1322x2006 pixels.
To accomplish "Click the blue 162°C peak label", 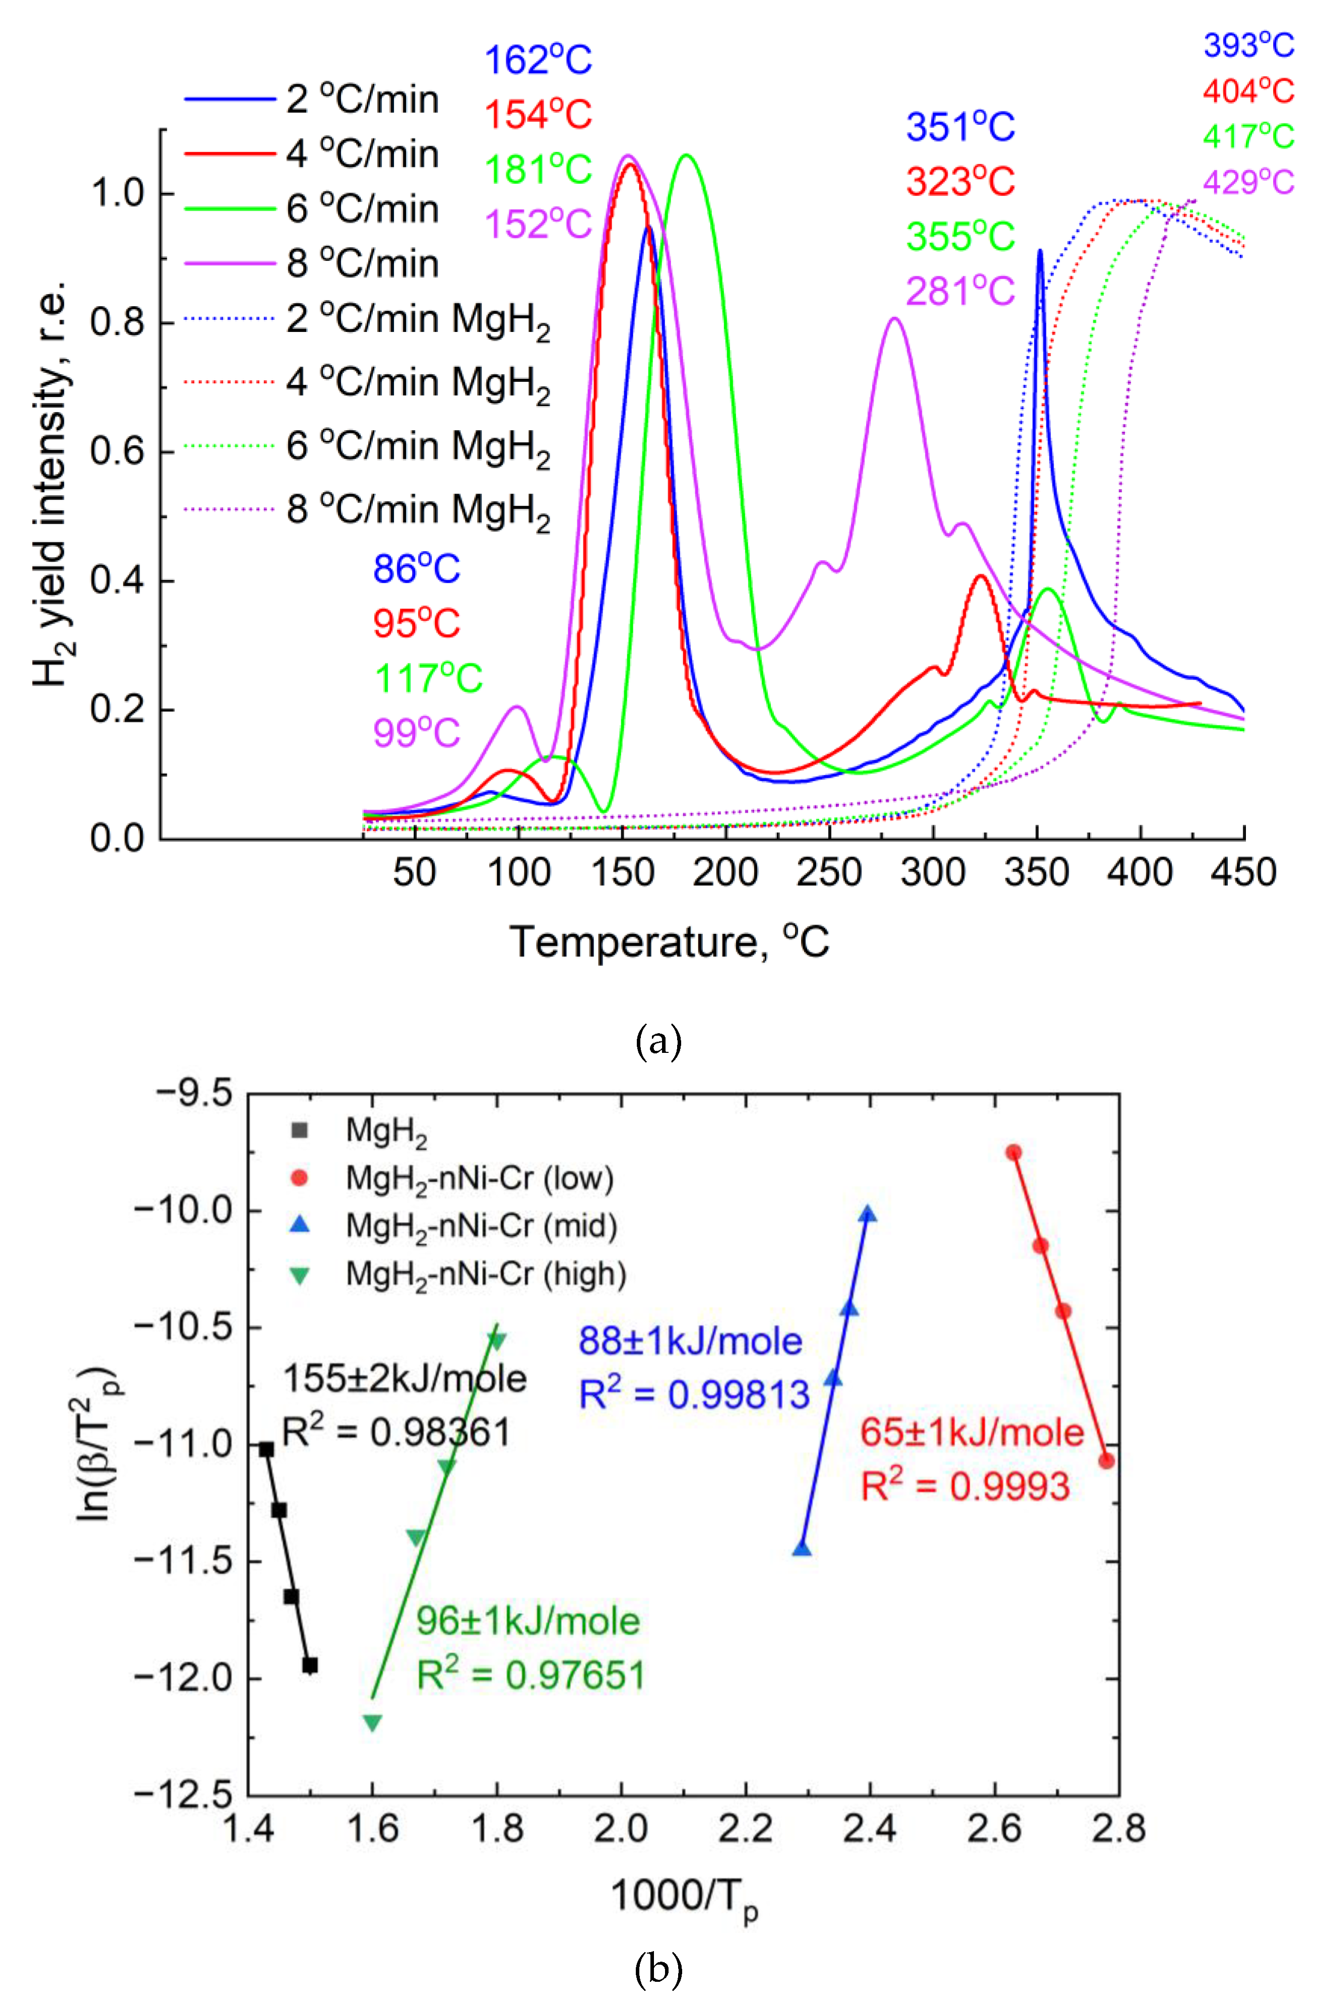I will tap(538, 60).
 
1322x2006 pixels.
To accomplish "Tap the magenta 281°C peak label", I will tap(960, 292).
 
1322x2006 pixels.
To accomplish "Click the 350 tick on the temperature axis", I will tap(1036, 873).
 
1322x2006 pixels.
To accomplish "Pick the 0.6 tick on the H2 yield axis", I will tap(117, 452).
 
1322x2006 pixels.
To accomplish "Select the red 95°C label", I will tap(417, 624).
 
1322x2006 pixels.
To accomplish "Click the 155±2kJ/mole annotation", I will tap(405, 1379).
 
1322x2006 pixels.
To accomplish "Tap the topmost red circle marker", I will tap(1014, 1152).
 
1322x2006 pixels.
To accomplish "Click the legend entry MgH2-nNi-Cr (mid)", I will tap(481, 1226).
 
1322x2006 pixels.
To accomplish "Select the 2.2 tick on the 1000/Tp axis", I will tap(745, 1829).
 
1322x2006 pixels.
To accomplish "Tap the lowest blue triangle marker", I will tap(802, 1549).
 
